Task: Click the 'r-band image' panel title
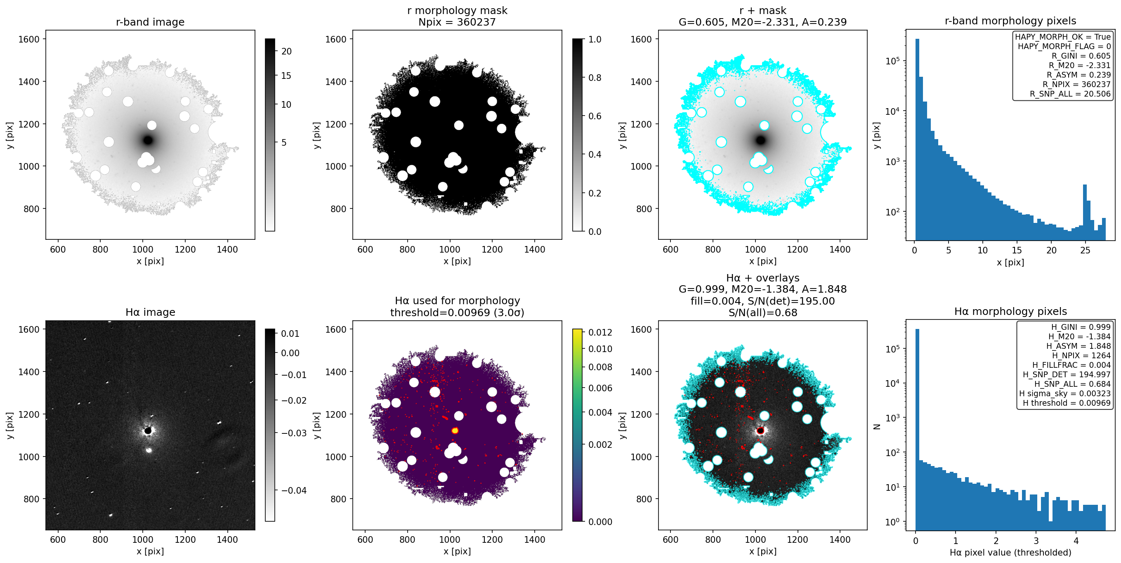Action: [150, 22]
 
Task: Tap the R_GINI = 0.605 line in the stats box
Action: [1081, 56]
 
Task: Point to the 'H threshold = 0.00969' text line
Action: [1067, 403]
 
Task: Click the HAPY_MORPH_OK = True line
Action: [1063, 37]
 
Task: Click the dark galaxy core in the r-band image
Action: [148, 140]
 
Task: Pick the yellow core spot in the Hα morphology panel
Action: [455, 431]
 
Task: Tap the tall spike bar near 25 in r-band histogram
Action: [1085, 213]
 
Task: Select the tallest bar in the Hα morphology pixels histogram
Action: [917, 429]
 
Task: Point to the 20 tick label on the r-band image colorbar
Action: [286, 51]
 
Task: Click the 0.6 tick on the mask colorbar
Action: [595, 116]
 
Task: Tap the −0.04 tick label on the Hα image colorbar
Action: [294, 490]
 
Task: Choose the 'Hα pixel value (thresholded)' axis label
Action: [1010, 553]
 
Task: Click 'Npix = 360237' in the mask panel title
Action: [457, 22]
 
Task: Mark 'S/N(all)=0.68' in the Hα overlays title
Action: [762, 312]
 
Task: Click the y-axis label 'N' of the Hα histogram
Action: [877, 427]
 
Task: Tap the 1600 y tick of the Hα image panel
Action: [29, 330]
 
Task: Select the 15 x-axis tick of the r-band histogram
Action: [1017, 251]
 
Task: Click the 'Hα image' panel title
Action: [150, 312]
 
